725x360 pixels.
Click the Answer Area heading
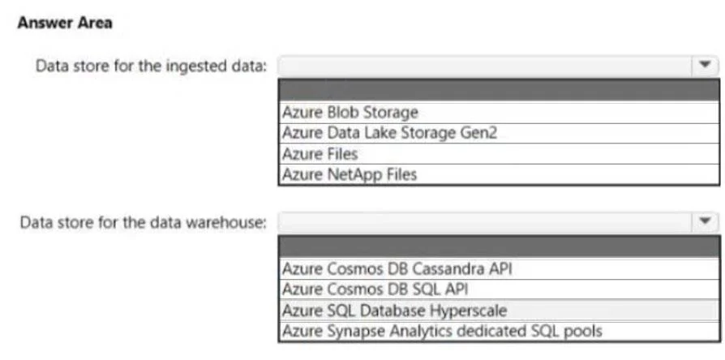click(65, 23)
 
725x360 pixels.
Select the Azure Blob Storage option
click(350, 113)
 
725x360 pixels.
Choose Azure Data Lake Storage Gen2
click(389, 133)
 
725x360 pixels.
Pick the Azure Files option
click(320, 154)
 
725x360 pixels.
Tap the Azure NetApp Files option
click(350, 174)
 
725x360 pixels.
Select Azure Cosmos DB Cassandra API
click(397, 269)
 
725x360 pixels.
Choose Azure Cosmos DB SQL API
click(375, 289)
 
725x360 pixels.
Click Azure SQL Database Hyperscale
click(394, 311)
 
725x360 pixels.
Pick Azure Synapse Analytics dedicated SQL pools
click(442, 332)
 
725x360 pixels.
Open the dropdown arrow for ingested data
click(705, 65)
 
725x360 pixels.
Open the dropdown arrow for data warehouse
click(705, 222)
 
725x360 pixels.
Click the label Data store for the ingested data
click(152, 66)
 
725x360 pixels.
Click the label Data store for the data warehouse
click(144, 223)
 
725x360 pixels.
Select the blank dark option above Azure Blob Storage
click(499, 90)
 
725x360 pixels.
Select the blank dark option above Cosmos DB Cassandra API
click(499, 246)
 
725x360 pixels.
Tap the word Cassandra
click(446, 269)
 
